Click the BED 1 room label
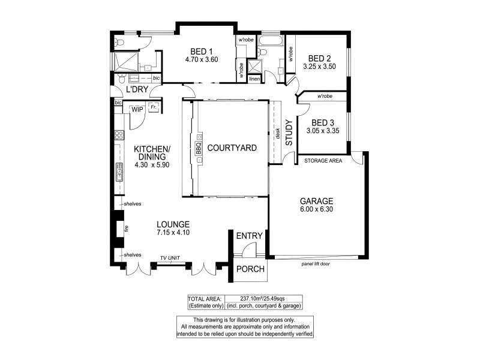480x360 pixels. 199,50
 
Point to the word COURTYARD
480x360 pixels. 232,148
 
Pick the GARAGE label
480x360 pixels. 316,200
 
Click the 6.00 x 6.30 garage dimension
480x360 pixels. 316,209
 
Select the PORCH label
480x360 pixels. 250,269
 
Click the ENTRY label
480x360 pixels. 249,236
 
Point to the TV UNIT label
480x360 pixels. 171,258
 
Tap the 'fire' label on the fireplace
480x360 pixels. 127,229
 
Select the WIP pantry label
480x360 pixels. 137,109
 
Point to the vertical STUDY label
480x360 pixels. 288,134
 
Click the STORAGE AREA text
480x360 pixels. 323,161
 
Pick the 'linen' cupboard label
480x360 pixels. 254,79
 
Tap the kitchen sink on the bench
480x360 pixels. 119,174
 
